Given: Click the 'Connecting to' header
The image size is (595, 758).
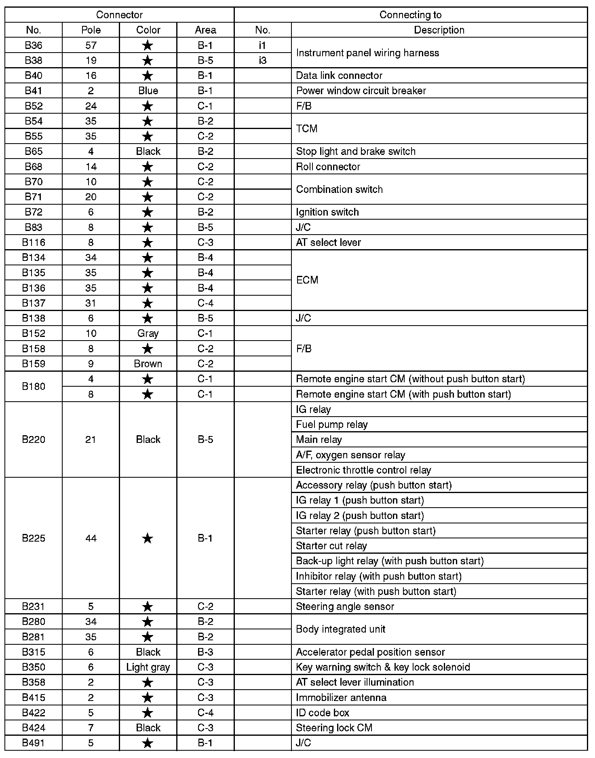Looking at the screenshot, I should click(410, 15).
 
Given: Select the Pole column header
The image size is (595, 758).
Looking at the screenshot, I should click(91, 30).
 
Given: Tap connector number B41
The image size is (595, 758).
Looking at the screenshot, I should click(34, 91).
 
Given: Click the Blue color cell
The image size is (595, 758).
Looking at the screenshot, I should click(148, 91).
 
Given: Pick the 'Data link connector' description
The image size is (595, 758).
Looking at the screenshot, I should click(339, 76).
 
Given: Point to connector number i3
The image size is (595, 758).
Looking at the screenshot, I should click(262, 60).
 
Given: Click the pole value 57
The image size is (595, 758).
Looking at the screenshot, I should click(91, 45).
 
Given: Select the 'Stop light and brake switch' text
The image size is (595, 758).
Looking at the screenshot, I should click(356, 151).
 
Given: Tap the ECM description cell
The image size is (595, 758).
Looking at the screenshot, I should click(307, 280).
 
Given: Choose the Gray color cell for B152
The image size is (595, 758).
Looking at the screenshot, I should click(148, 333).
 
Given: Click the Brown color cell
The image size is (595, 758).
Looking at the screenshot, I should click(148, 364).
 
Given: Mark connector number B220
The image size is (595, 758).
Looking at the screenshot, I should click(34, 439).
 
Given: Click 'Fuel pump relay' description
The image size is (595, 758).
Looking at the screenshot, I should click(331, 424).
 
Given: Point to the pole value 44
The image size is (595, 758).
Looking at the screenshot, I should click(91, 538).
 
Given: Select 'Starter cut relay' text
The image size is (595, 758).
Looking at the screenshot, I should click(331, 546).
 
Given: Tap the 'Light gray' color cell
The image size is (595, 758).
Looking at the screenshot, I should click(148, 667).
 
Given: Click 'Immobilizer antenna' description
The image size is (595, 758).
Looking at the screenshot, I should click(341, 697).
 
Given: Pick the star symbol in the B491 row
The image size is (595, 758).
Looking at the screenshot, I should click(148, 743).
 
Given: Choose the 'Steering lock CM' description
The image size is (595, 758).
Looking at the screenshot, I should click(334, 728).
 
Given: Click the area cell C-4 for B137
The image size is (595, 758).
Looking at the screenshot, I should click(205, 303).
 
